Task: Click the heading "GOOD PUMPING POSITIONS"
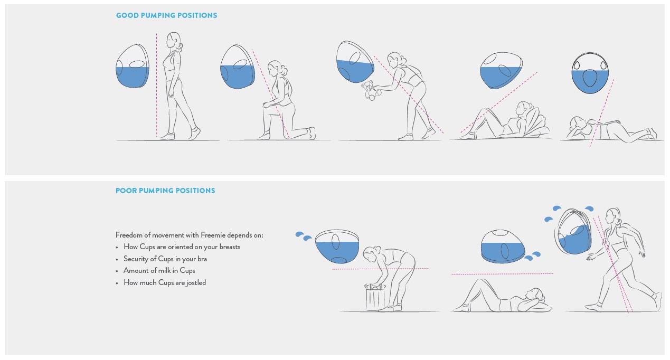tap(167, 15)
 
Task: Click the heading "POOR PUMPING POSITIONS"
tap(165, 191)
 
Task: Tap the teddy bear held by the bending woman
tap(371, 90)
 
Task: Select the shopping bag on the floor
tap(375, 297)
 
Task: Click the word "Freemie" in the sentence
tap(213, 235)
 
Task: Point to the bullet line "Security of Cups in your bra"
tap(165, 259)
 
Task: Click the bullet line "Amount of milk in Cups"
tap(159, 271)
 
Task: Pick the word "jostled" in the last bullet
tap(196, 283)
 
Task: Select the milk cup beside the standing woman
tap(133, 66)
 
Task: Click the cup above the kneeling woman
tap(238, 67)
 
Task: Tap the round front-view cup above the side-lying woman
tap(590, 73)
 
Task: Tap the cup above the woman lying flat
tap(503, 247)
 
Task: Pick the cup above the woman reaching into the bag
tap(337, 247)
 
